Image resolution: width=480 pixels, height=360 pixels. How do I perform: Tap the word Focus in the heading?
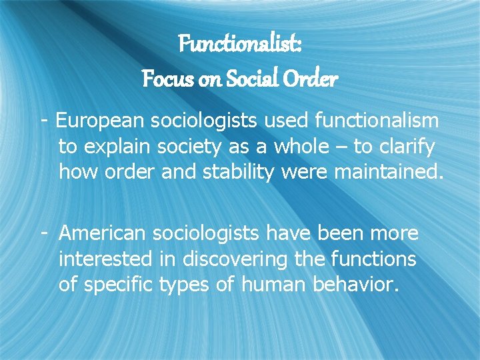pos(163,79)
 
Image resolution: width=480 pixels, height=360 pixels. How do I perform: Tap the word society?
pos(191,146)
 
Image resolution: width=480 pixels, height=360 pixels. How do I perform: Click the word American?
pos(103,233)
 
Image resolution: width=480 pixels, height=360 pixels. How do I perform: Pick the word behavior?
pos(356,285)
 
